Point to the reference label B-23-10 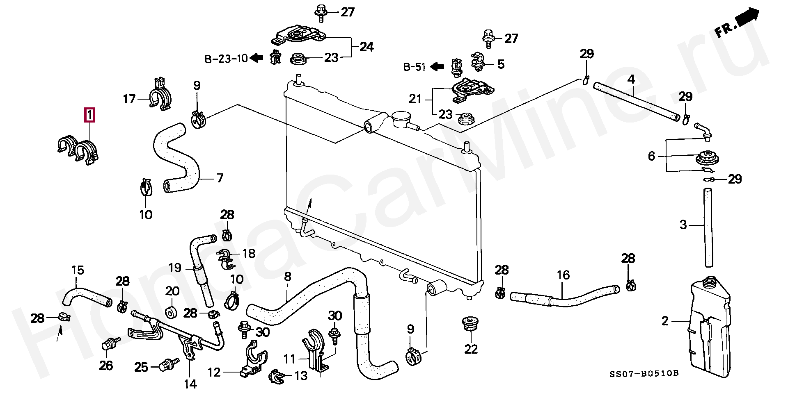point(226,59)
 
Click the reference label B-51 point(414,67)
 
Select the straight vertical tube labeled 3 point(708,227)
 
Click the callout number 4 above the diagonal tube point(631,80)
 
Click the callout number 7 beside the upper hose point(220,178)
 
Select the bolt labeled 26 point(108,344)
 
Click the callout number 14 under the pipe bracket point(190,384)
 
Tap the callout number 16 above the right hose point(563,275)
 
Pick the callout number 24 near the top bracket point(366,47)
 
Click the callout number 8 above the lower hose point(287,277)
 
